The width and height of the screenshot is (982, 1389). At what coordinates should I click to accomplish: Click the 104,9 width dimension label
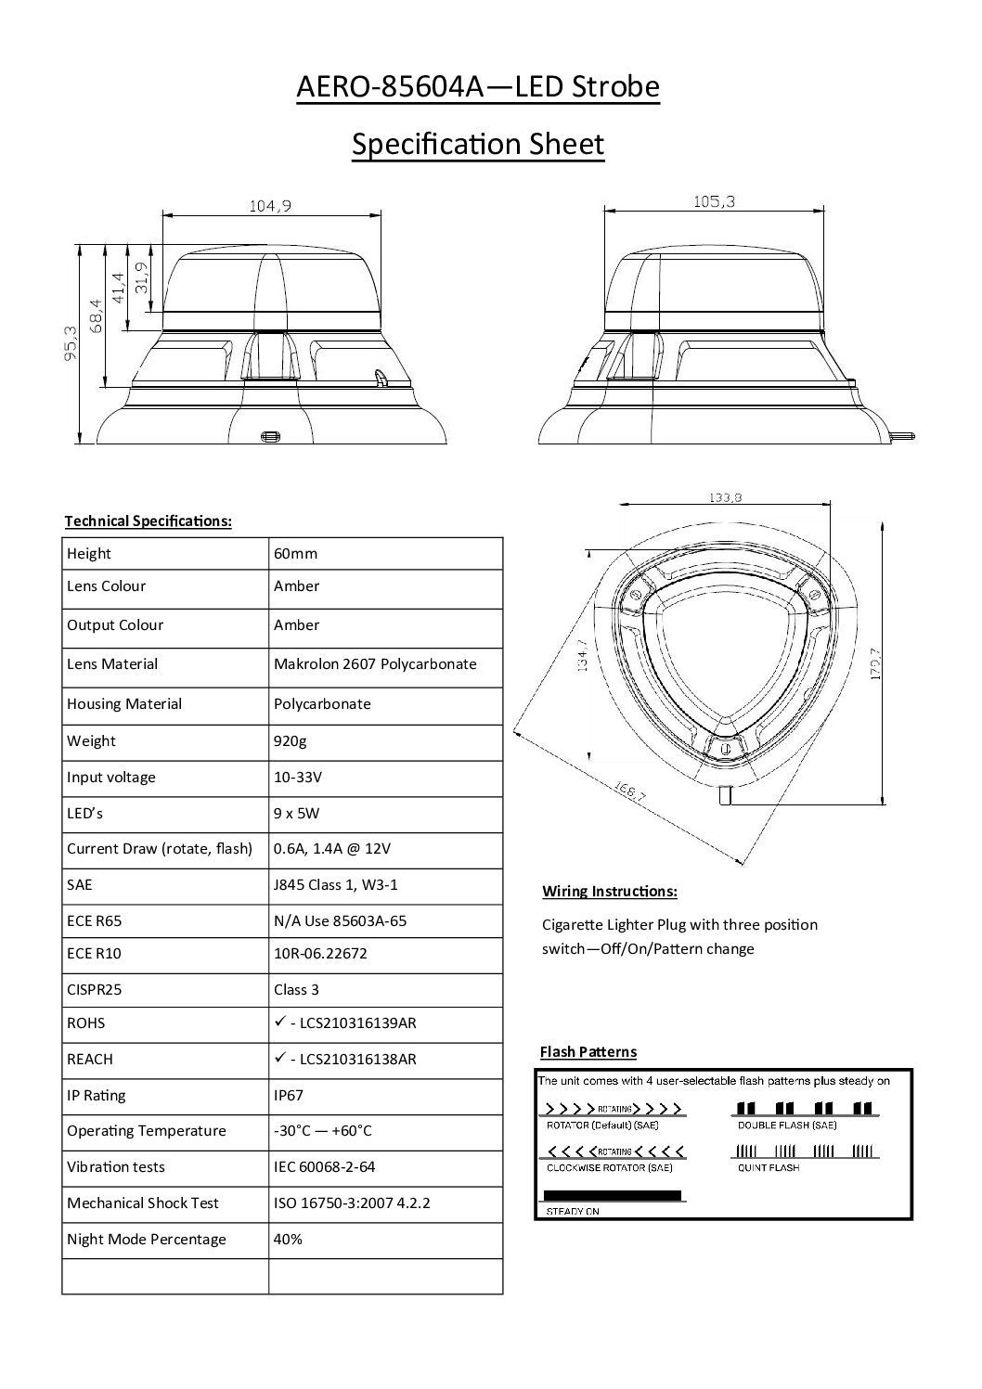tap(270, 206)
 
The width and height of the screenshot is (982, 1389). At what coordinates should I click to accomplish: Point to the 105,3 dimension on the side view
tap(714, 201)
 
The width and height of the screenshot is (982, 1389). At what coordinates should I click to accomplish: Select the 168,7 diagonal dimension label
tap(630, 793)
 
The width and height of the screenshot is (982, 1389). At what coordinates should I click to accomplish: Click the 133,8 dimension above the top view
tap(725, 497)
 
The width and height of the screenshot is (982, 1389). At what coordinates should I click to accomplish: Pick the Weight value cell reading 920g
tap(290, 740)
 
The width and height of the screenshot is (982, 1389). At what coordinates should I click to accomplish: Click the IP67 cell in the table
tap(289, 1095)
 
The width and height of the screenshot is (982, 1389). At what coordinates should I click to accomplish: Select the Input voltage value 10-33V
tap(298, 777)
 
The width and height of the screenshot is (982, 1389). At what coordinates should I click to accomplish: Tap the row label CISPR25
tap(94, 989)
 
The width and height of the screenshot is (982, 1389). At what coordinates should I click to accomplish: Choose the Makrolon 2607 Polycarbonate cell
tap(375, 663)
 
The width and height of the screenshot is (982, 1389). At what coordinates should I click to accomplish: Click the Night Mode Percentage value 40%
tap(288, 1239)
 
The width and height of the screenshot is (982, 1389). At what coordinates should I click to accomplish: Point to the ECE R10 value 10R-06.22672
tap(320, 953)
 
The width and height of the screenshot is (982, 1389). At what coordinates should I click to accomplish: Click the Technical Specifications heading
tap(148, 521)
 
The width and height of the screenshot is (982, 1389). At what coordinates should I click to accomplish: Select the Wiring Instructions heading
tap(609, 891)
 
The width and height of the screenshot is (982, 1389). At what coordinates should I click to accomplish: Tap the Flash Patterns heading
tap(588, 1051)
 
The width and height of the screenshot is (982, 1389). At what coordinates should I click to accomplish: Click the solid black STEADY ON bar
tap(612, 1195)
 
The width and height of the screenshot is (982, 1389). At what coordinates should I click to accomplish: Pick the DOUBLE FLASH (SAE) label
tap(787, 1125)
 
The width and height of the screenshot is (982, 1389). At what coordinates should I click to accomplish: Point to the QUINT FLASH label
tap(769, 1167)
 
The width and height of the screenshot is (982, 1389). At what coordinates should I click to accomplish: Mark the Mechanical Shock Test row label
tap(143, 1203)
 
